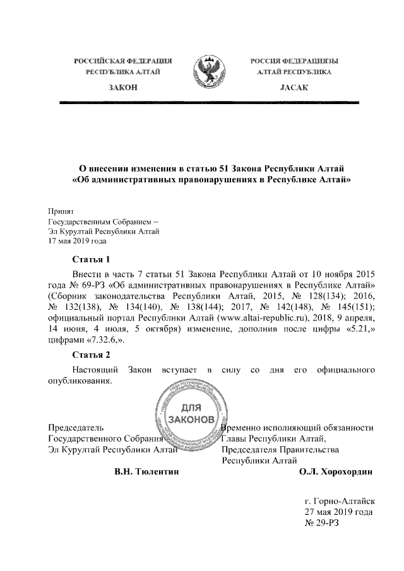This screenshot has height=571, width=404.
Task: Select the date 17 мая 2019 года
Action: point(78,241)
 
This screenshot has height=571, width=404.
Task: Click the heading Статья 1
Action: point(91,259)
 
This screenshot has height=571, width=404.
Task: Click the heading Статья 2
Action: point(91,354)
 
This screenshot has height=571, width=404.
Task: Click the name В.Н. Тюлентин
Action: point(143,472)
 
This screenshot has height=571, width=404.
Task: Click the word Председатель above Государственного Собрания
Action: point(76,428)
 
